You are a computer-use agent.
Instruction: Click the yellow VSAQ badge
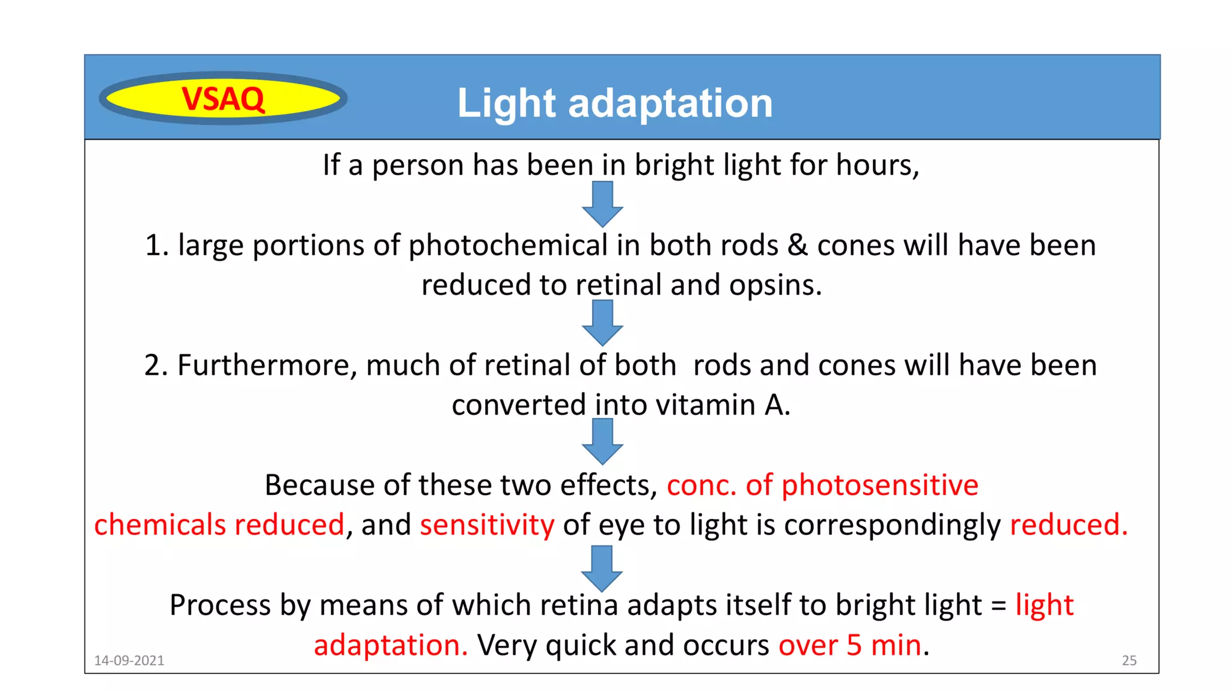point(223,99)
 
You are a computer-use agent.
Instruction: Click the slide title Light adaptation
point(614,103)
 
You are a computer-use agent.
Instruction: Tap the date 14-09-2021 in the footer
point(129,660)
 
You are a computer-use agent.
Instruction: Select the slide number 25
point(1129,660)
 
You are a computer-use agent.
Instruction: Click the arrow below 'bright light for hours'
point(602,204)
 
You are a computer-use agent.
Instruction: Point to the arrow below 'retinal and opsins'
point(602,323)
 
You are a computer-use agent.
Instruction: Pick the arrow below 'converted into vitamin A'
point(602,442)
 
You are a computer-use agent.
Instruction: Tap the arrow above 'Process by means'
point(602,568)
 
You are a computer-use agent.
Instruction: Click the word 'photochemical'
point(508,245)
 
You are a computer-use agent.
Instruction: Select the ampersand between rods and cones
point(798,245)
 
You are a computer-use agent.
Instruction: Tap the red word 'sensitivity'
point(487,524)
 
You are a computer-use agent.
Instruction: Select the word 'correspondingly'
point(892,524)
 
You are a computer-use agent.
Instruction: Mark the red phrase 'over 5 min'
point(850,645)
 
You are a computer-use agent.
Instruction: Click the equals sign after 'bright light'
point(998,605)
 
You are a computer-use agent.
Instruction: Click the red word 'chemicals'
point(159,524)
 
